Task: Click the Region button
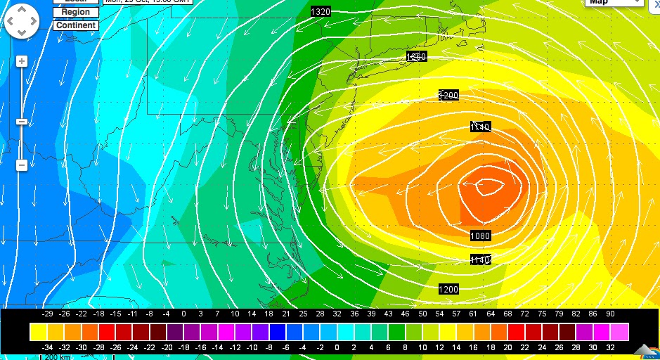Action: (x=75, y=12)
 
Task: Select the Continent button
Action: (x=75, y=25)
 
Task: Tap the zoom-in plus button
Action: (x=22, y=61)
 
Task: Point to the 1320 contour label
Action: (x=320, y=11)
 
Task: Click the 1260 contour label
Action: (x=416, y=56)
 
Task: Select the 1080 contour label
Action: (x=481, y=236)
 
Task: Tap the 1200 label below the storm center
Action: (x=448, y=289)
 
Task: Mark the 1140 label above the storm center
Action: (x=480, y=127)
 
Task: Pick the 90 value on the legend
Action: (x=609, y=314)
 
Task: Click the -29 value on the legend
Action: (x=48, y=314)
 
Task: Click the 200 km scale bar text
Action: (x=59, y=357)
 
